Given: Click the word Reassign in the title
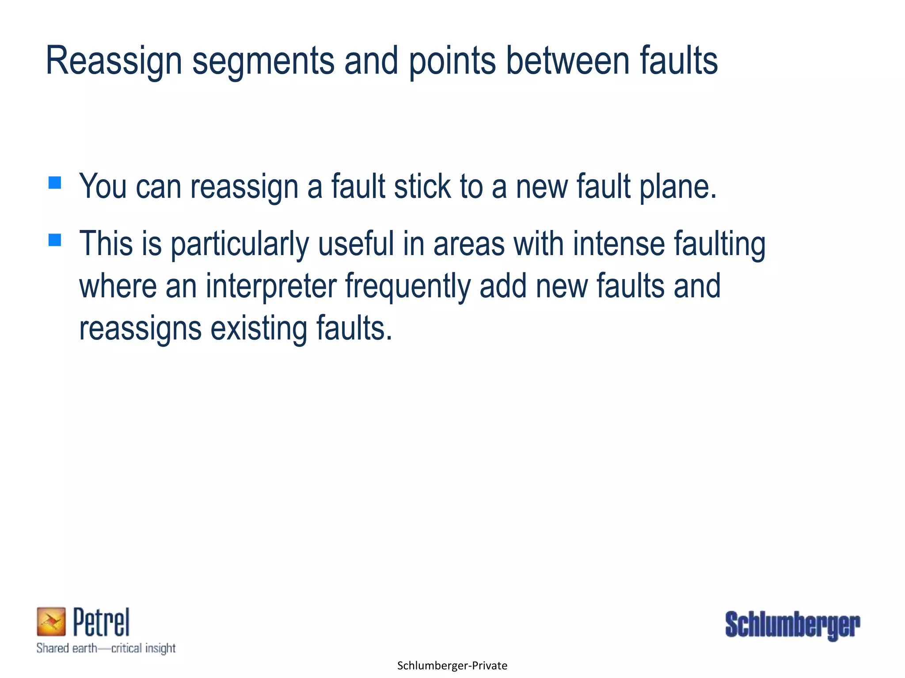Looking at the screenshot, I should click(114, 62).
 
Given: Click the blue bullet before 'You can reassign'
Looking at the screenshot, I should click(55, 183).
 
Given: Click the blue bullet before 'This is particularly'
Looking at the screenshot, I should click(55, 240).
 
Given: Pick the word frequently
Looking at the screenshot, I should click(407, 286).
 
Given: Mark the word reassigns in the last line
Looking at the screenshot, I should click(140, 329).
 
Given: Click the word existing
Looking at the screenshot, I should click(259, 329).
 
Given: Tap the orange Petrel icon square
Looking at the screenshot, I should click(51, 621).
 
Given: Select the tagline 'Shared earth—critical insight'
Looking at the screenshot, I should click(106, 648).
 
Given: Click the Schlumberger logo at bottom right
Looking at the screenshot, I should click(792, 625).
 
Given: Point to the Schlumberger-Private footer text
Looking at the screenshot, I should click(452, 666).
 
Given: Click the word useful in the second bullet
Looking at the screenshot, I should click(356, 244).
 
